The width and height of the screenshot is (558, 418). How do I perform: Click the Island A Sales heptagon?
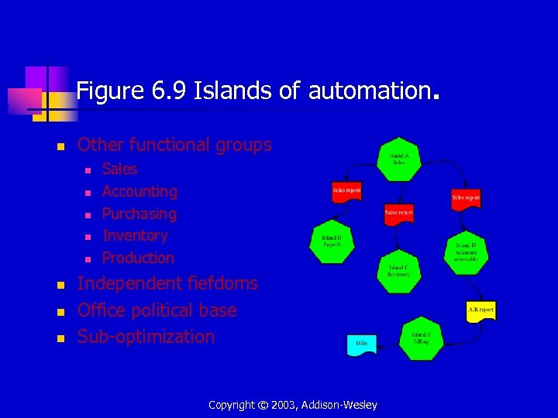click(x=398, y=158)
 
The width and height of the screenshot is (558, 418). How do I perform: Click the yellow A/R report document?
click(x=480, y=311)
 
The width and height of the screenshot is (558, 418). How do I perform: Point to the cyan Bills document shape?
click(x=362, y=343)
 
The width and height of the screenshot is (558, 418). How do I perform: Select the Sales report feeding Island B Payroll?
click(x=346, y=191)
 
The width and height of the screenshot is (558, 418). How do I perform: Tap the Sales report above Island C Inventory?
click(x=398, y=213)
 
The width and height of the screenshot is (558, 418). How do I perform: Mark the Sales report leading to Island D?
click(x=466, y=199)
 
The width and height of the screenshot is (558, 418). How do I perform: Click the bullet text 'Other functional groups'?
click(x=174, y=145)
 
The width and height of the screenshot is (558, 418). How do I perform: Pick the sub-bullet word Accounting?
click(x=139, y=191)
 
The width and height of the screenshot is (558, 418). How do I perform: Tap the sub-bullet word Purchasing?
click(x=139, y=214)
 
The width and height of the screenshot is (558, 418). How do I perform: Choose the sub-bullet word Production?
click(x=138, y=258)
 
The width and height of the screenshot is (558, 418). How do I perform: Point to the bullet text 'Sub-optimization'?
click(x=146, y=337)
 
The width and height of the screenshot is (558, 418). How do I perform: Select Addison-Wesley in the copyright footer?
click(x=339, y=405)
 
